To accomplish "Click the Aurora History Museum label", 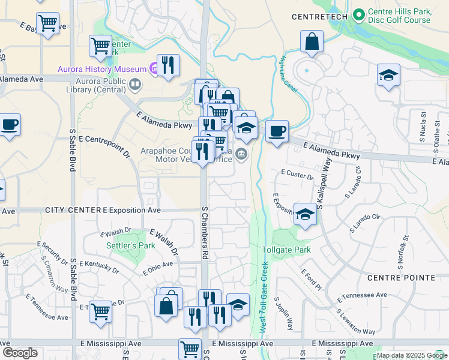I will pyautogui.click(x=101, y=68).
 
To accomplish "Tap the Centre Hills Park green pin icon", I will pyautogui.click(x=359, y=13).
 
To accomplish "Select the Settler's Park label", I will pyautogui.click(x=130, y=245).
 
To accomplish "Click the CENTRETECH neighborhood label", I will pyautogui.click(x=319, y=17).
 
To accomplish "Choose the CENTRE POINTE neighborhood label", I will pyautogui.click(x=406, y=277).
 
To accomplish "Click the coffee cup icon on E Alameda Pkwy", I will pyautogui.click(x=277, y=131).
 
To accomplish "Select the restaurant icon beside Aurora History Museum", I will pyautogui.click(x=168, y=65).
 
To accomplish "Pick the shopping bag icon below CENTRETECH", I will pyautogui.click(x=312, y=42).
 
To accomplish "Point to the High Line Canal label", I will pyautogui.click(x=285, y=73).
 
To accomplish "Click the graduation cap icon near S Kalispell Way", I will pyautogui.click(x=305, y=215).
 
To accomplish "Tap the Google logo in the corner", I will pyautogui.click(x=20, y=353).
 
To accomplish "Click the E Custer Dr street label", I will pyautogui.click(x=297, y=175).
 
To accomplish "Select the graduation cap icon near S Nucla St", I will pyautogui.click(x=388, y=75).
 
